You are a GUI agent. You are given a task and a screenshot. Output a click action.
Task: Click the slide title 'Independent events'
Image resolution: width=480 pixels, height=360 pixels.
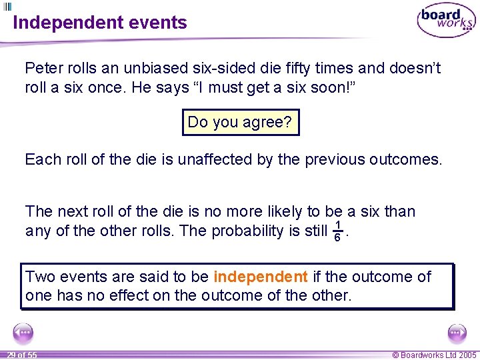pos(100,23)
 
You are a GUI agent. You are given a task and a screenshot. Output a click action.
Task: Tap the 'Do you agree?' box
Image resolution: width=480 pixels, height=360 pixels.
pos(241,122)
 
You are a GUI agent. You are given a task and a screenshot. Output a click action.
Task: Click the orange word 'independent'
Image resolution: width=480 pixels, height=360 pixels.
pos(261,277)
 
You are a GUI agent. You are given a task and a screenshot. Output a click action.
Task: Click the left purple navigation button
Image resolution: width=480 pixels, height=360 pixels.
pos(23,332)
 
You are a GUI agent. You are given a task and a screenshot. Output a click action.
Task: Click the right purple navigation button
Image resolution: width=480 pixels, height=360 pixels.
pos(457,332)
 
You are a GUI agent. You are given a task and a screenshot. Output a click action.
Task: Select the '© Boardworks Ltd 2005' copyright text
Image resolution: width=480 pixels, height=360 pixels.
pos(435,355)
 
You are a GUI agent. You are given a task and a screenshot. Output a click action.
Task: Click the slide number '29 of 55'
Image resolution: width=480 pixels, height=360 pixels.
pos(22,355)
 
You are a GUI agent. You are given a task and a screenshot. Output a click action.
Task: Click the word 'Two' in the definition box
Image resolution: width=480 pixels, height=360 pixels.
pos(39,277)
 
